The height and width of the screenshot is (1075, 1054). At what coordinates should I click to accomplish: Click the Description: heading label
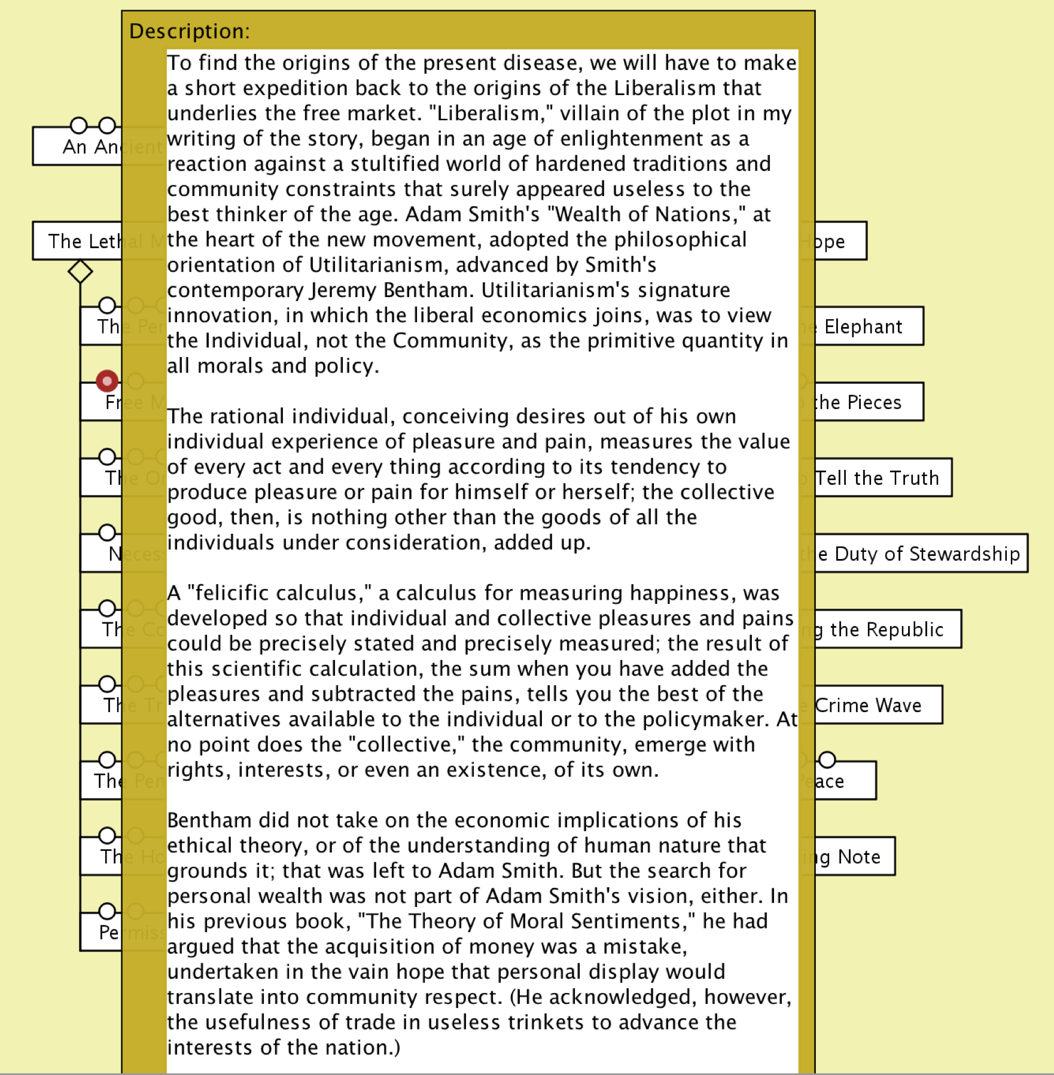pos(189,31)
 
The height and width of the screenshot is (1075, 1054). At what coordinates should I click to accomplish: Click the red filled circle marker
pos(107,381)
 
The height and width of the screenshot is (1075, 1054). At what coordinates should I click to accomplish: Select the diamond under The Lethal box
pos(80,271)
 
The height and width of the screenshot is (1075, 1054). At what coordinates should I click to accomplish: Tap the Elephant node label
pos(863,326)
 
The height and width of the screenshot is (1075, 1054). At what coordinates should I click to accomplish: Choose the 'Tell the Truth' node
pos(877,478)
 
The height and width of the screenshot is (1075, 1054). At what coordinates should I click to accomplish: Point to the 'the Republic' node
pos(886,630)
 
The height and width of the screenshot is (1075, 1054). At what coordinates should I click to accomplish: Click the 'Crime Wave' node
pos(868,706)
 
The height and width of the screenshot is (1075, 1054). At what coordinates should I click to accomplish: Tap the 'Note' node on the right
pos(858,857)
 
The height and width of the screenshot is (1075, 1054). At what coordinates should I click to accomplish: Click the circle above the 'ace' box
pos(827,760)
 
